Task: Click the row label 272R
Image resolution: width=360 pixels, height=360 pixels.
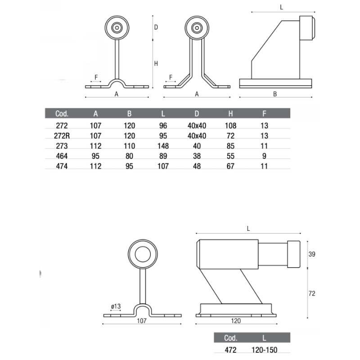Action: coord(61,136)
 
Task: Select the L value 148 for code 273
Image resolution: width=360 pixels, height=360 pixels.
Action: coord(162,146)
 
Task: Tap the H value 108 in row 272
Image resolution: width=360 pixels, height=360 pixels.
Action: coord(230,126)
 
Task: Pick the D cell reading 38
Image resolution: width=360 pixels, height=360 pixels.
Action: coord(197,156)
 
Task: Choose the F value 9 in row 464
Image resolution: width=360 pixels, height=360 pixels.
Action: coord(264,156)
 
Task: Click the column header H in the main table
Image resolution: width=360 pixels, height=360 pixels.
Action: coord(230,113)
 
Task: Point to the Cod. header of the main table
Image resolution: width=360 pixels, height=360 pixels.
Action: coord(61,113)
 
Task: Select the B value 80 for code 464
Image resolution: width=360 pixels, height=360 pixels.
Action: coord(129,156)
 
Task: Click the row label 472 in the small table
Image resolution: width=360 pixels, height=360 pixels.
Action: coord(230,349)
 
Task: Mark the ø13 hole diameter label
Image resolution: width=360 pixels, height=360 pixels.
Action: coord(116,306)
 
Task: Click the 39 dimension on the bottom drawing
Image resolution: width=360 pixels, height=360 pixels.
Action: coord(312,254)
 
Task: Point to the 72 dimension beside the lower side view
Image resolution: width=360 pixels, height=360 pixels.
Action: coord(312,293)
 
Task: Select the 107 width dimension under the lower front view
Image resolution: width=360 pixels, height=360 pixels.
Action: coord(142,321)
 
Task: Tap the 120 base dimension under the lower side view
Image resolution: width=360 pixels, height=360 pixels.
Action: coord(235,321)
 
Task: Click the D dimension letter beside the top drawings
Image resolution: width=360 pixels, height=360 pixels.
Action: coord(156,27)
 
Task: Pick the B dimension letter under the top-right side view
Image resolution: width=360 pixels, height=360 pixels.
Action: coord(274,94)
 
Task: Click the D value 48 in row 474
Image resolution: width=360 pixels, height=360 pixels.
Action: coord(197,166)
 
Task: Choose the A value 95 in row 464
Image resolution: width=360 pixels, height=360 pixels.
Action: coord(95,156)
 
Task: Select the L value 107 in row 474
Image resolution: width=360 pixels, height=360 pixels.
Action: coord(162,166)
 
